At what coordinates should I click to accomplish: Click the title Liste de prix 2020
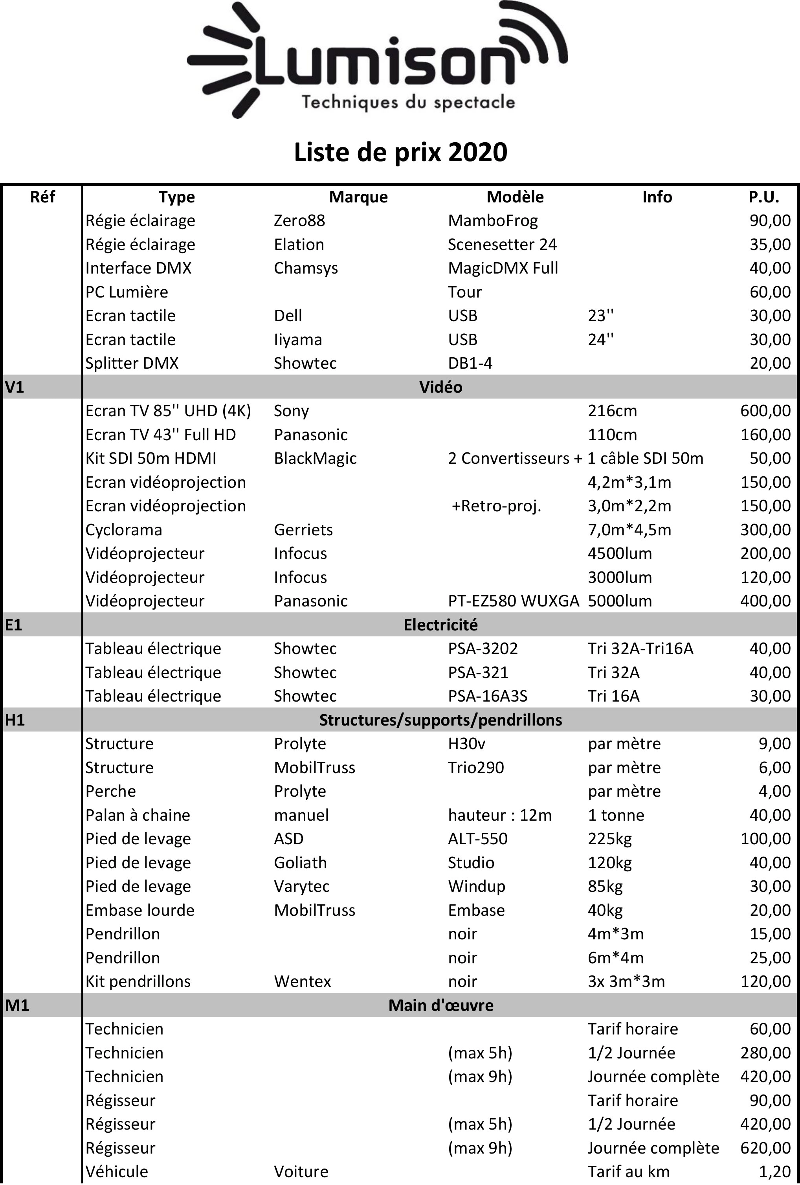point(400,152)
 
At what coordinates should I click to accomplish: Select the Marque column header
point(358,197)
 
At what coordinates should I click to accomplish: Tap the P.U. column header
point(764,197)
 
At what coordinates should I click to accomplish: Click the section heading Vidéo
point(440,387)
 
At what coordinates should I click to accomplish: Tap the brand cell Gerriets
point(303,529)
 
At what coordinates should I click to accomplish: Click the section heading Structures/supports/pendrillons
point(440,720)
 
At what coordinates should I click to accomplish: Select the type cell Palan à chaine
point(138,815)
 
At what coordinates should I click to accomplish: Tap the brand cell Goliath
point(300,862)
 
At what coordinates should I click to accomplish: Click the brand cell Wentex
point(303,981)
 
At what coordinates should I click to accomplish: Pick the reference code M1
point(17,1005)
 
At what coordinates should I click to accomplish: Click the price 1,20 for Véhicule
point(774,1171)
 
